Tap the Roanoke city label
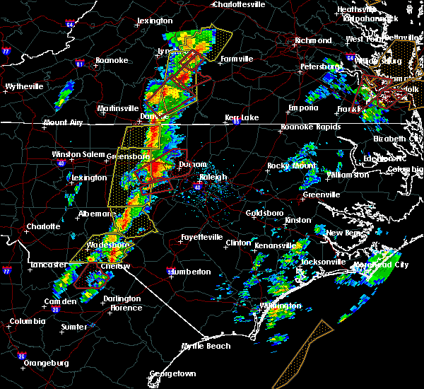112,61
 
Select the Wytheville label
24,87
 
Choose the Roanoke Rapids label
311,127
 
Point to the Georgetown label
172,373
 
